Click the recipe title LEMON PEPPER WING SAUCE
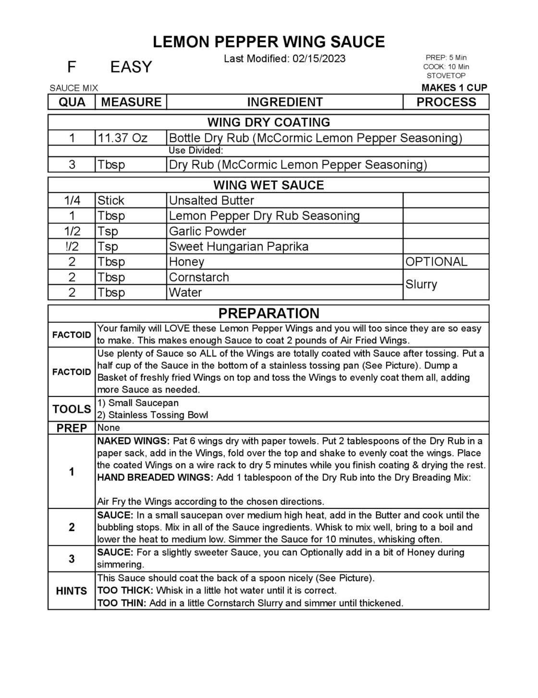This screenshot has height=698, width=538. pos(269,42)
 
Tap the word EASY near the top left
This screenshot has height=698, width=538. pos(131,67)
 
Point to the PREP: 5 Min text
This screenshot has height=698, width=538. pos(446,58)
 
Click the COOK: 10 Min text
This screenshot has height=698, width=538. pos(446,67)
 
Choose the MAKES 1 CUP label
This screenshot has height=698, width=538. pos(454,88)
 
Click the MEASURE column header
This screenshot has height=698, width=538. pos(131,102)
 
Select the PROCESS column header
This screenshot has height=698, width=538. pos(446,102)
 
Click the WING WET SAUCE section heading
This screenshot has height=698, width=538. pos(269,185)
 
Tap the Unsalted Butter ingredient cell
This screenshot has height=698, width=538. pos(211,201)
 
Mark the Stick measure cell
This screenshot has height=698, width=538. pos(111,201)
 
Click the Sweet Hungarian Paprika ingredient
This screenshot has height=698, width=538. pos(238,247)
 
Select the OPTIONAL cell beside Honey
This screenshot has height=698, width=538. pos(436,262)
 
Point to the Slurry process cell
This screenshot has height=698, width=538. pos(421,284)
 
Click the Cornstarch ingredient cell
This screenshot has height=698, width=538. pos(199,277)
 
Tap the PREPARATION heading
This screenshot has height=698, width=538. pos(269,314)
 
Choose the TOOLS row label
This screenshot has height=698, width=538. pos(72,409)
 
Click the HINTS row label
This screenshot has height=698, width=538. pos(72,591)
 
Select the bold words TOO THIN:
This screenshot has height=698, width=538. pos(122,603)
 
